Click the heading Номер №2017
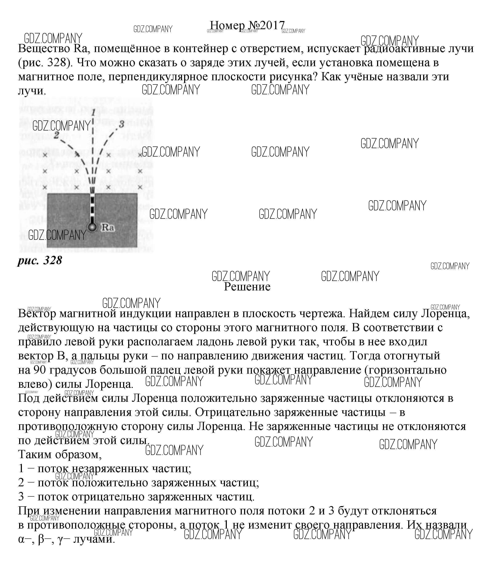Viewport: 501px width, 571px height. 247,25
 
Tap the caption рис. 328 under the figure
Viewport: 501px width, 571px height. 40,260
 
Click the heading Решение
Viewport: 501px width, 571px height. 247,287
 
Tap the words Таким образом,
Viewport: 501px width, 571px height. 60,454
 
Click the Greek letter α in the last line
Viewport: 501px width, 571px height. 21,539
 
